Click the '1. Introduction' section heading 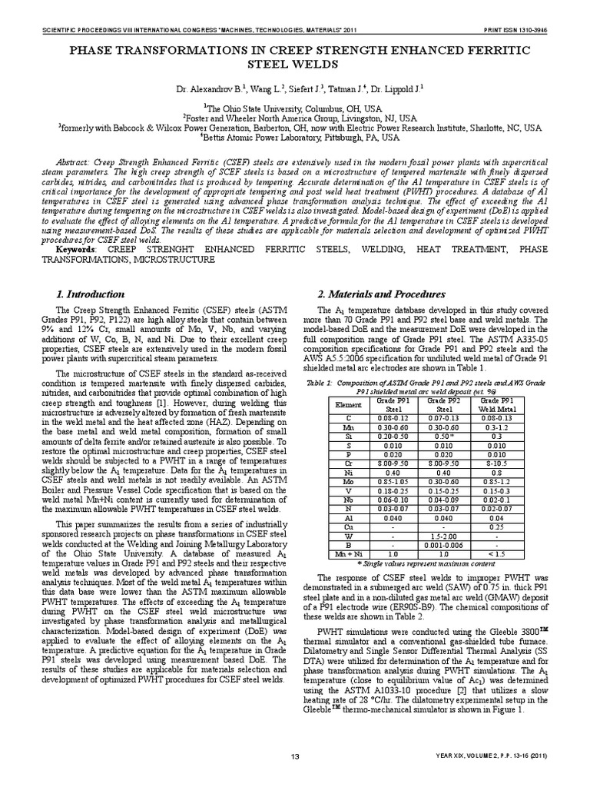pyautogui.click(x=91, y=294)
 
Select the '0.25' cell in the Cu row pyautogui.click(x=496, y=526)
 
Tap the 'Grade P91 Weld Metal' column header pyautogui.click(x=496, y=404)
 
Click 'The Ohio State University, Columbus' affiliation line pyautogui.click(x=294, y=109)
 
